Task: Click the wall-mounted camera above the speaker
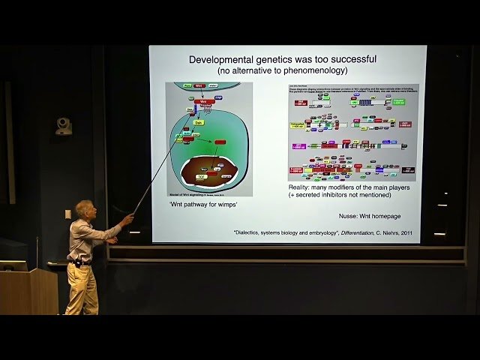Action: click(64, 125)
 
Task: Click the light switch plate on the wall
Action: click(67, 214)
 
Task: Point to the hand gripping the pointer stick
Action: click(127, 220)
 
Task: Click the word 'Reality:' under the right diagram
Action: click(301, 187)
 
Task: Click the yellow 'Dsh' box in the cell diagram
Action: click(199, 121)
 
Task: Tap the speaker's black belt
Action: click(81, 262)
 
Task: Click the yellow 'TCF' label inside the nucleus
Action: click(201, 178)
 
